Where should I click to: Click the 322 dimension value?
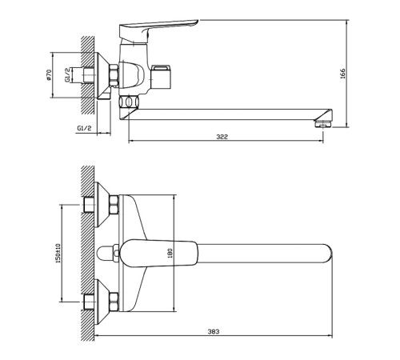(x=222, y=137)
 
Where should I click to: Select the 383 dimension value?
(x=214, y=331)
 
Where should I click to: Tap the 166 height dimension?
(x=342, y=74)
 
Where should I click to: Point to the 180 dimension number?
(x=170, y=253)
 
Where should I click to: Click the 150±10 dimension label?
(x=58, y=254)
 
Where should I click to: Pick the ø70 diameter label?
(x=49, y=75)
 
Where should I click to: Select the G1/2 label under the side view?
(x=84, y=128)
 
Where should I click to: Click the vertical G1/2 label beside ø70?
(x=67, y=74)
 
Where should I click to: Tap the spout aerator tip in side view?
(x=323, y=124)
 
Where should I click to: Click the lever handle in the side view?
(x=158, y=30)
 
